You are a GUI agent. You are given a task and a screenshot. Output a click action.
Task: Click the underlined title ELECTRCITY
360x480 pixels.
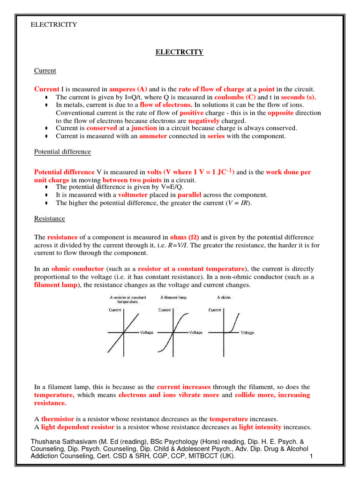(180, 52)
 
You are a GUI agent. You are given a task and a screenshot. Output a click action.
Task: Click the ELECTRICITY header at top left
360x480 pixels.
(53, 24)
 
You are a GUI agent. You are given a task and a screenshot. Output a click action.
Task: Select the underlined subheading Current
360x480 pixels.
(45, 70)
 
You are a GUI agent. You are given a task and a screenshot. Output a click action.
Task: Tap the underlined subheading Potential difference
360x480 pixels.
(62, 152)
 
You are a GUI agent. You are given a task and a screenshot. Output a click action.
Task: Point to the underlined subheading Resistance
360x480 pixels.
(50, 218)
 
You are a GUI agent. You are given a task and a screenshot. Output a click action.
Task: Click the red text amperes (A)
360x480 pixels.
(128, 89)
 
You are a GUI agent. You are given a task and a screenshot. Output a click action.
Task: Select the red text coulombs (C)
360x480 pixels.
(235, 97)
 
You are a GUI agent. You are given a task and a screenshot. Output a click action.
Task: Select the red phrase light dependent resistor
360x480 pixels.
(77, 427)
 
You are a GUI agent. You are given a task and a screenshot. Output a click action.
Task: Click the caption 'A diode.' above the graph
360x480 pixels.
(224, 297)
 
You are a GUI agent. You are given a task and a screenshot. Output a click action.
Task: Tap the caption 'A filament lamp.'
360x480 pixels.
(175, 297)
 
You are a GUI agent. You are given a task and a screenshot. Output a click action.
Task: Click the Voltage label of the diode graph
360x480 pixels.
(247, 332)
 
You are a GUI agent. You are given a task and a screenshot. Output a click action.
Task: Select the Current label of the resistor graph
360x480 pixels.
(115, 310)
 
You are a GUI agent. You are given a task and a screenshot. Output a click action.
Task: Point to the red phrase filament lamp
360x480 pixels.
(54, 285)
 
